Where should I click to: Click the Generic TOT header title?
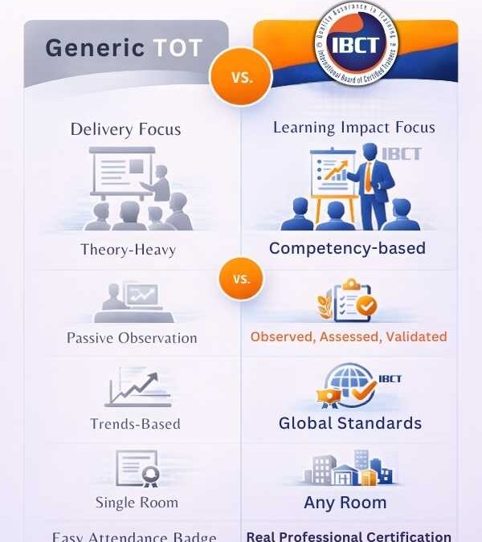[125, 48]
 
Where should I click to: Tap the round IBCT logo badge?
[357, 44]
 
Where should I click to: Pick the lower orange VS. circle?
[240, 279]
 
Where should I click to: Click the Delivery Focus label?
[125, 129]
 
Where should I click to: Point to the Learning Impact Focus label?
[353, 128]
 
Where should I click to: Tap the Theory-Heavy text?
[128, 250]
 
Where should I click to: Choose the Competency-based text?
[347, 248]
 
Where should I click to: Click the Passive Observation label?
[132, 338]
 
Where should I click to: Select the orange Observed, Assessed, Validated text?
[349, 337]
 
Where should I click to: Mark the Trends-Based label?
[135, 424]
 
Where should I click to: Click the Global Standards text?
[349, 423]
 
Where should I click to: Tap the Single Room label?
[137, 503]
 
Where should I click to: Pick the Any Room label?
[345, 503]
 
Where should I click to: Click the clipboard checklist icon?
[350, 300]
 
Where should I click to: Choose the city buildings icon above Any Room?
[346, 468]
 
